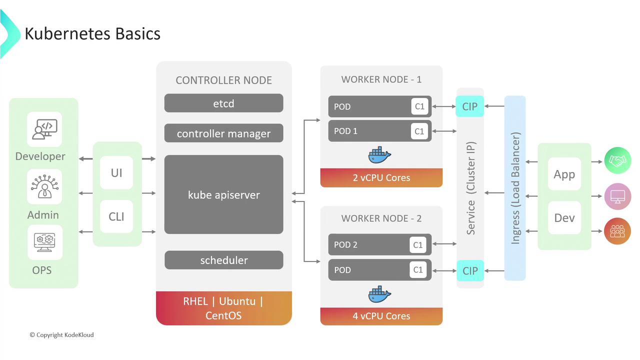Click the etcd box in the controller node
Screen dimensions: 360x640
click(x=223, y=103)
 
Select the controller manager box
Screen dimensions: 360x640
click(x=223, y=133)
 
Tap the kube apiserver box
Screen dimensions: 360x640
click(x=223, y=194)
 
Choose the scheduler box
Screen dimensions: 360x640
click(x=223, y=260)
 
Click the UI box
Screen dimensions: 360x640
click(x=116, y=173)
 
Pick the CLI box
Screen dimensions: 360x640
click(x=116, y=216)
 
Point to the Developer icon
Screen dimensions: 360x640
click(x=44, y=129)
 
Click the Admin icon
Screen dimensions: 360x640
click(x=44, y=186)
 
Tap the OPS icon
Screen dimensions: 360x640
click(x=44, y=242)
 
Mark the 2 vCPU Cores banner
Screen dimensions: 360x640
click(x=381, y=177)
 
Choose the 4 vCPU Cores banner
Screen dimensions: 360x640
click(x=381, y=316)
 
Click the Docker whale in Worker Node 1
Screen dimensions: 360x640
click(x=379, y=155)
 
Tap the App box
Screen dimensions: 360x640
click(x=564, y=174)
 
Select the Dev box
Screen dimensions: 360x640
click(x=564, y=218)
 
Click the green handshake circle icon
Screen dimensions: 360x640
click(x=617, y=161)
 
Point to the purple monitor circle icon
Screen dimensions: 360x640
click(x=617, y=196)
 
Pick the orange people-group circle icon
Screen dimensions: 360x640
click(x=617, y=231)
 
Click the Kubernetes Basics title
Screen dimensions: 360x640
click(x=92, y=33)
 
